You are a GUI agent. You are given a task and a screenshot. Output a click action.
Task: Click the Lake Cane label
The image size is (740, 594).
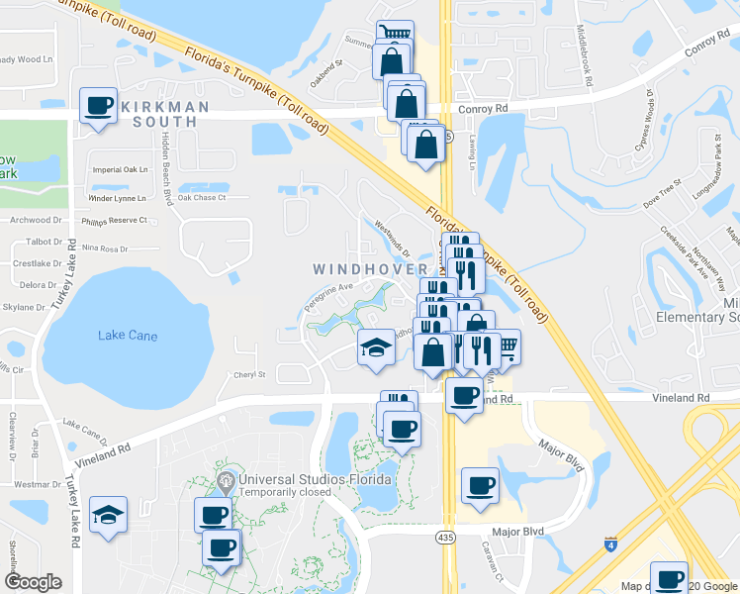pos(128,337)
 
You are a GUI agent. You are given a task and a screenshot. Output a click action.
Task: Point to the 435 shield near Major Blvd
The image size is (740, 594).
pos(446,536)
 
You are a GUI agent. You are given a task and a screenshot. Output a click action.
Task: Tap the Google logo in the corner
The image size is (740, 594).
pos(33,582)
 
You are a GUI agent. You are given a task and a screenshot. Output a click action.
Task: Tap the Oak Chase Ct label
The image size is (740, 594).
pos(202,197)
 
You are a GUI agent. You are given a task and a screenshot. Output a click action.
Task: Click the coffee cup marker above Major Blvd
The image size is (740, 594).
pos(480,486)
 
